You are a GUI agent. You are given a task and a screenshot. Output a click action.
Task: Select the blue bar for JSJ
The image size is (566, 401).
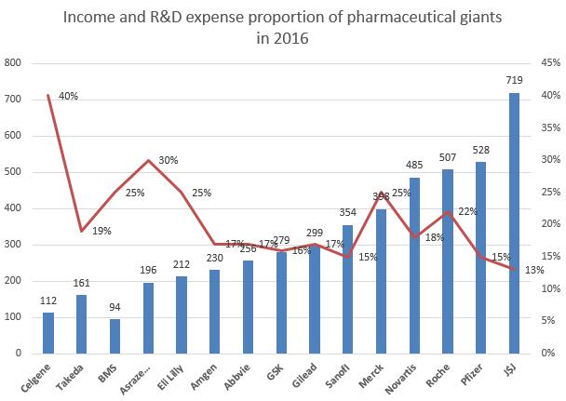pyautogui.click(x=513, y=223)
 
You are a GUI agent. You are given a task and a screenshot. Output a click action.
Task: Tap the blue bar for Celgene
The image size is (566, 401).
pyautogui.click(x=48, y=333)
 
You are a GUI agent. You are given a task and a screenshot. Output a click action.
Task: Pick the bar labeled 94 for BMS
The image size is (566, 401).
pyautogui.click(x=115, y=336)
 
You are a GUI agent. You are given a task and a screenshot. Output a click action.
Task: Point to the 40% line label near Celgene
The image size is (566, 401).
pyautogui.click(x=67, y=96)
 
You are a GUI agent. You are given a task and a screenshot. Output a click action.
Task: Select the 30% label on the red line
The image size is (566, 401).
pyautogui.click(x=168, y=160)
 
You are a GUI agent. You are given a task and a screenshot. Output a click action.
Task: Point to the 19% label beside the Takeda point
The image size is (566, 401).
pyautogui.click(x=102, y=231)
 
